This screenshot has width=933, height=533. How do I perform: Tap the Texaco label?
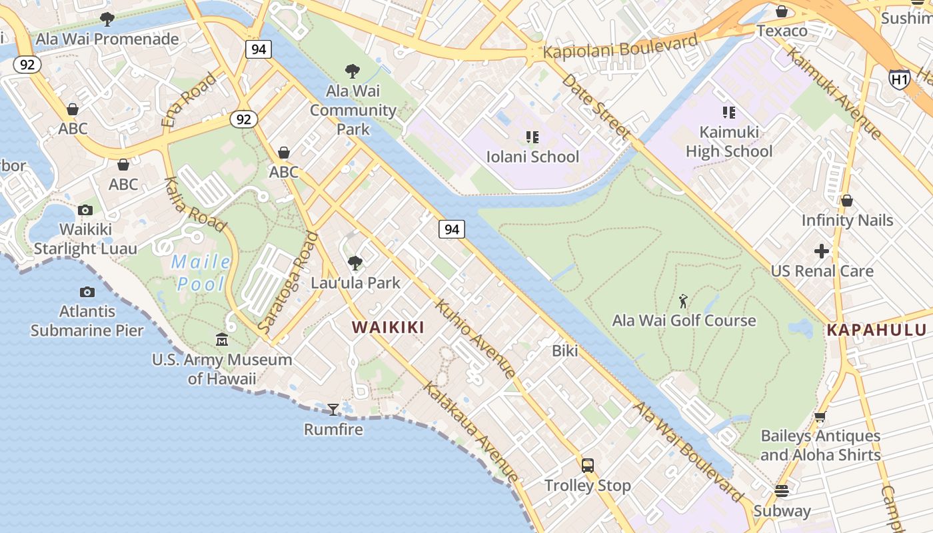click(x=782, y=31)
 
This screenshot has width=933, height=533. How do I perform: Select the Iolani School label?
click(x=532, y=157)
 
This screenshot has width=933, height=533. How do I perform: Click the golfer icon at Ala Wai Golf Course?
click(x=683, y=301)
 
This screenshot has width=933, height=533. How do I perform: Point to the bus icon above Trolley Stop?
click(x=587, y=465)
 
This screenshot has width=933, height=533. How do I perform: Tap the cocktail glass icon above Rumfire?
click(x=333, y=409)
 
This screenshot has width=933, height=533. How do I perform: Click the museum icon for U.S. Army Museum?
click(x=222, y=340)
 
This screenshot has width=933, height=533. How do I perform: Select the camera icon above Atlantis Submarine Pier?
click(x=87, y=292)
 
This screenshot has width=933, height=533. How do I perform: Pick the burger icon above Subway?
click(x=782, y=491)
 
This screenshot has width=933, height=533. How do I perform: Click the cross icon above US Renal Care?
click(x=822, y=251)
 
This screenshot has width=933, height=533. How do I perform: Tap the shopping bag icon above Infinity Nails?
click(x=846, y=200)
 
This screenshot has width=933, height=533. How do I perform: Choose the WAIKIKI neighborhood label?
click(x=388, y=327)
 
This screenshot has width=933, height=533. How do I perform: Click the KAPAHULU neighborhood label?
click(x=876, y=330)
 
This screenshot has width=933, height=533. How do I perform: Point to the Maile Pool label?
click(x=201, y=273)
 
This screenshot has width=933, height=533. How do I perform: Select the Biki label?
click(x=565, y=350)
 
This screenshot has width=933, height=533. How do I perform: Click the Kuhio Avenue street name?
click(x=474, y=338)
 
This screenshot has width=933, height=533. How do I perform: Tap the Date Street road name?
click(x=596, y=107)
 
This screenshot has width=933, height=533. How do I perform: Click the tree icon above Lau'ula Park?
click(x=355, y=263)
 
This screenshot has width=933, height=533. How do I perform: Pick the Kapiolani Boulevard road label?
click(x=620, y=48)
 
